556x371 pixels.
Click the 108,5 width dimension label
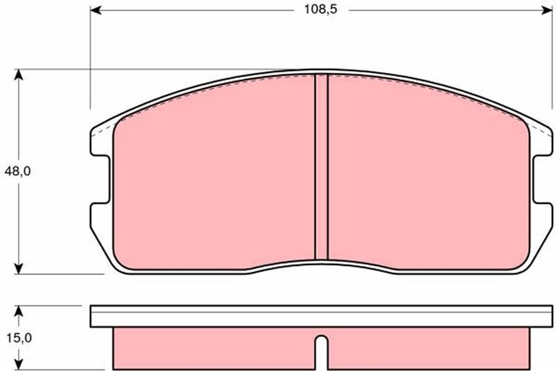tap(320, 10)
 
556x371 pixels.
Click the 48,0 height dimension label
tap(18, 171)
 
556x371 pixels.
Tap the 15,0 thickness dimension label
tap(19, 338)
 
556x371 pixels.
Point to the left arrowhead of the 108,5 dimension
tap(96, 10)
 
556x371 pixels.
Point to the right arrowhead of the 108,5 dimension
tap(546, 10)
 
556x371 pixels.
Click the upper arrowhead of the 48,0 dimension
tap(19, 75)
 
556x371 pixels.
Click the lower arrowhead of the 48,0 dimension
tap(19, 268)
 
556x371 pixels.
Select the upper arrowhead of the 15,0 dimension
tap(19, 311)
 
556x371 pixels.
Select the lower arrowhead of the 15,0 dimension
tap(19, 364)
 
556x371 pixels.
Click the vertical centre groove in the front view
tap(321, 167)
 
